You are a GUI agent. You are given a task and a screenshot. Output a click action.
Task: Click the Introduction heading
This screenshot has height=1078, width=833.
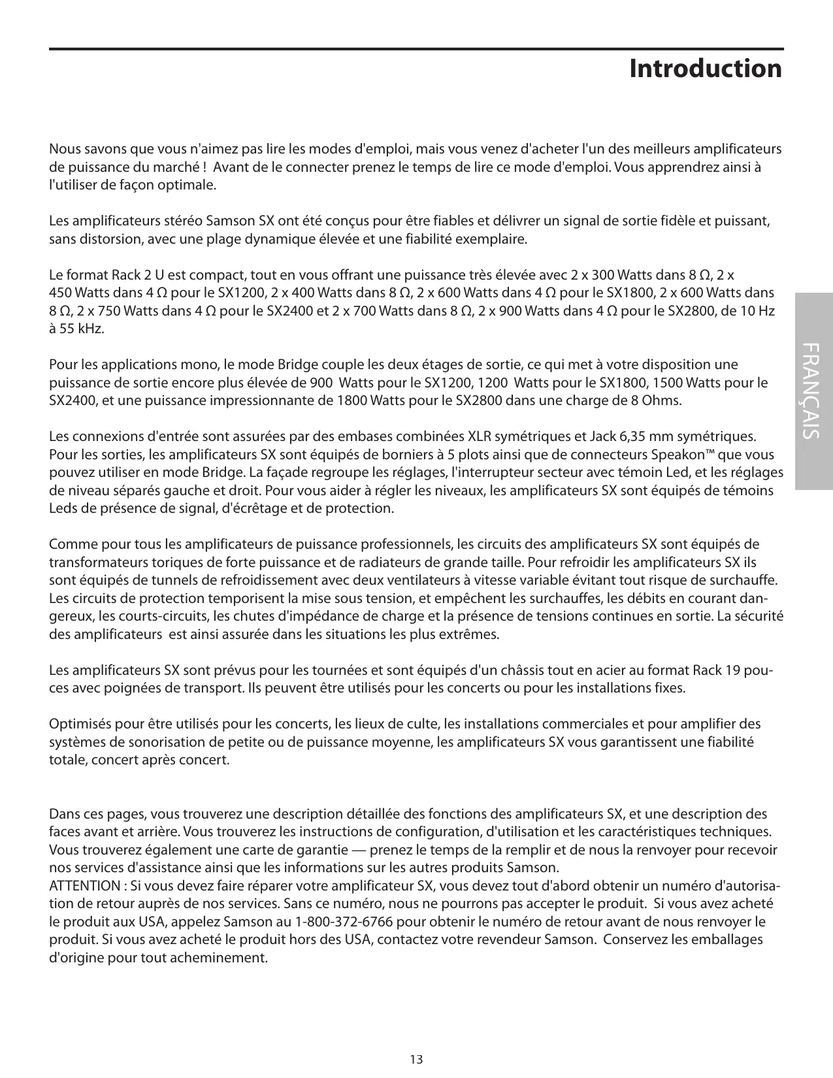[705, 69]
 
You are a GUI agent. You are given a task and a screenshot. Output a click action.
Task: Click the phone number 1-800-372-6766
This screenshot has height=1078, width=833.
[344, 922]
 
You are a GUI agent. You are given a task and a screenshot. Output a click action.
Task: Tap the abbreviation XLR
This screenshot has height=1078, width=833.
[482, 436]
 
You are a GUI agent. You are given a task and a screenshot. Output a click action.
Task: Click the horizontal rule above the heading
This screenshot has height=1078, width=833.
[416, 49]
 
